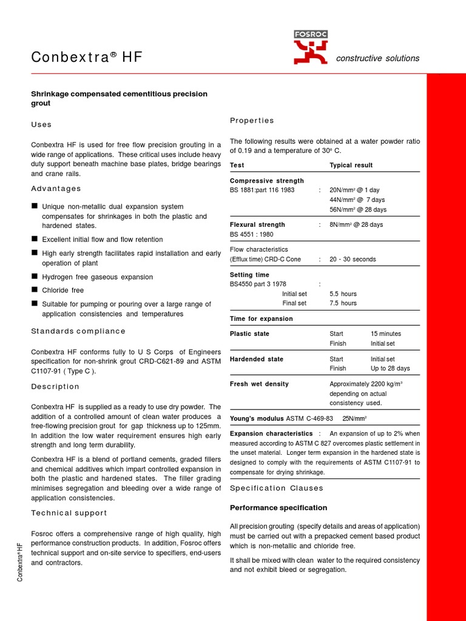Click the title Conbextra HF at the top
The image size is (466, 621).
(x=87, y=58)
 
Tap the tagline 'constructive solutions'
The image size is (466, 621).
(x=377, y=58)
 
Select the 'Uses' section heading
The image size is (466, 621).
(x=41, y=124)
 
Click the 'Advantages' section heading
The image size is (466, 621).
(x=56, y=189)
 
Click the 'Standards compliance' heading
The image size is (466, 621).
(x=78, y=331)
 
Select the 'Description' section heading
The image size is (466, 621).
(x=55, y=386)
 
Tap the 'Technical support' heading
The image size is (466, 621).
(x=69, y=512)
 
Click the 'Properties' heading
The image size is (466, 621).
(x=252, y=120)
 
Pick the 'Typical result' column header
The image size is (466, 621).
(x=351, y=165)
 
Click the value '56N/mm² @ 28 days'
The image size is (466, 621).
(x=357, y=209)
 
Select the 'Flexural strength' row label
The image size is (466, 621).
(x=257, y=224)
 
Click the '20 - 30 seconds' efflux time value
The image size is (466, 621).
(x=353, y=259)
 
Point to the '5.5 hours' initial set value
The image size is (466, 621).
(x=343, y=294)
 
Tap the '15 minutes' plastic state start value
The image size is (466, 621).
(x=385, y=334)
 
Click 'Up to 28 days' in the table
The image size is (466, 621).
(x=390, y=368)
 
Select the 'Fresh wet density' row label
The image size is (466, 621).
(x=259, y=384)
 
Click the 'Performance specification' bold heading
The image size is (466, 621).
(x=279, y=508)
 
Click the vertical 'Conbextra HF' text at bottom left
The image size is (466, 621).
(x=20, y=562)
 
